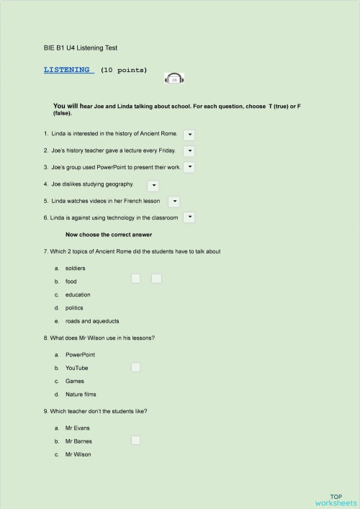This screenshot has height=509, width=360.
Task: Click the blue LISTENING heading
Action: (x=68, y=70)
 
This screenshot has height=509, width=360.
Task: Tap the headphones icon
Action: (x=174, y=78)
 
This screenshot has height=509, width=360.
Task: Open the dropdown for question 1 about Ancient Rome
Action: (x=190, y=135)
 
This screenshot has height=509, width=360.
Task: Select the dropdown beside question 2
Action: (x=189, y=151)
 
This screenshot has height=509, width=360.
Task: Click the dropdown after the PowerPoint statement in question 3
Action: (x=189, y=167)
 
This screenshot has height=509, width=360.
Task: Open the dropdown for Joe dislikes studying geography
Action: (x=153, y=185)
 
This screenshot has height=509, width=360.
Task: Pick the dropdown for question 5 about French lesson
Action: (x=174, y=202)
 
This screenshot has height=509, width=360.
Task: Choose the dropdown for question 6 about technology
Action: (x=189, y=217)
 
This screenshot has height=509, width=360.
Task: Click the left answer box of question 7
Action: (x=135, y=278)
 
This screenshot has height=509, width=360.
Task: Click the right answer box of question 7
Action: (x=156, y=278)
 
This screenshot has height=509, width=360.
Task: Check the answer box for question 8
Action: (x=135, y=367)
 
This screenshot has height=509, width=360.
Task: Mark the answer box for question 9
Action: (x=135, y=440)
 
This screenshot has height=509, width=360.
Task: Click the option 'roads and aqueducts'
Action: (x=92, y=321)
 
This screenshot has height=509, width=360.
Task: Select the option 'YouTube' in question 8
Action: (x=77, y=368)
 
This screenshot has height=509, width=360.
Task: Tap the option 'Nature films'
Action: (x=81, y=395)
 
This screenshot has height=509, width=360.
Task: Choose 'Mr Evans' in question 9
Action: (x=77, y=428)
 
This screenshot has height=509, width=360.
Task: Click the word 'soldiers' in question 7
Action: (x=76, y=268)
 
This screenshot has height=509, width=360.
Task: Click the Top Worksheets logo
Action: (x=335, y=500)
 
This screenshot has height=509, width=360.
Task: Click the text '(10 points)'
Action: (x=124, y=71)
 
